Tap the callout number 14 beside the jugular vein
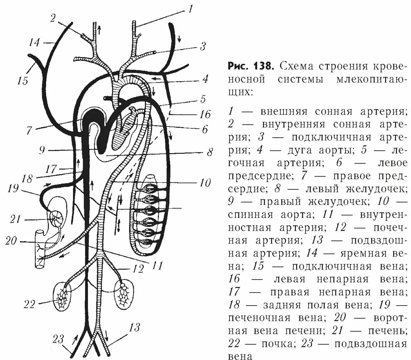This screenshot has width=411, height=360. point(34,42)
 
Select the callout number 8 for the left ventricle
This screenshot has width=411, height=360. point(210,152)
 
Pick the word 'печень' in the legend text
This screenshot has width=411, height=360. point(387,331)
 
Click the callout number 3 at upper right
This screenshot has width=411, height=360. point(202,47)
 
